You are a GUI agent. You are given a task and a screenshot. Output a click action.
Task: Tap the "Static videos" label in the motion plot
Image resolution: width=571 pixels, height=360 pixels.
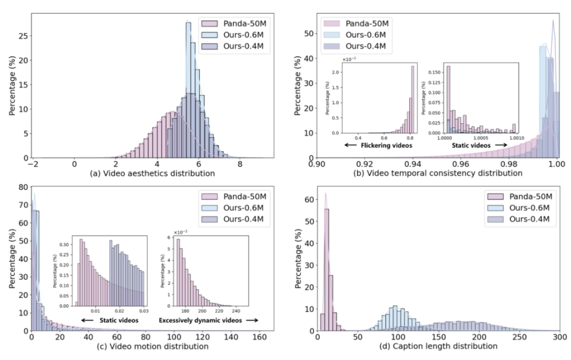114,320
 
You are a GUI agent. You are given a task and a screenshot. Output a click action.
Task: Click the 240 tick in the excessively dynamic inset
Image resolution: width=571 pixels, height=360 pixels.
236,310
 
